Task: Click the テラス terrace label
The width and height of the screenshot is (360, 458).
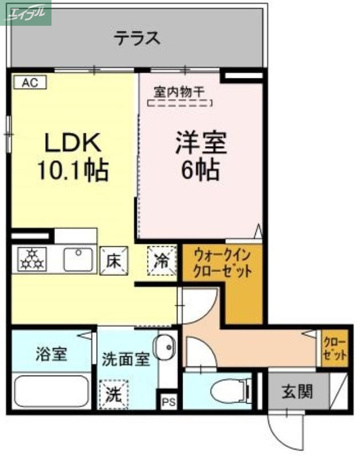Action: (136, 38)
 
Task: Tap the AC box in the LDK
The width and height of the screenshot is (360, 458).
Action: (29, 82)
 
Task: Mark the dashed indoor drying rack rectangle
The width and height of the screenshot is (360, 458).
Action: (180, 104)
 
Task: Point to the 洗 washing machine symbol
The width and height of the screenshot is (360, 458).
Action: (113, 394)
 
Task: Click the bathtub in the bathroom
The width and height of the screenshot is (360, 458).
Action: (50, 392)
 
